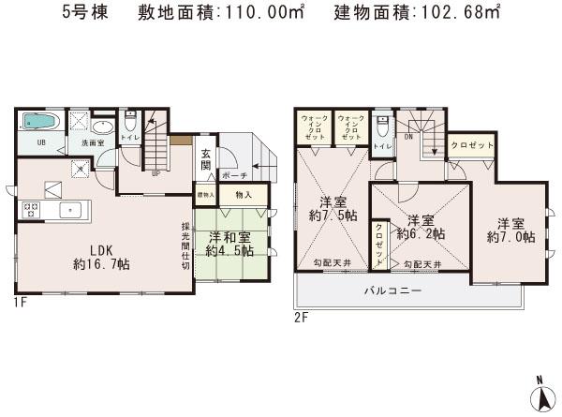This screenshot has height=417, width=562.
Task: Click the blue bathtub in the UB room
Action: (x=38, y=123)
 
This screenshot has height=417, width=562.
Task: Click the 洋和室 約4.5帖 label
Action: (x=229, y=244)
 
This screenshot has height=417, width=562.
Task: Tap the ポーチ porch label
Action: (x=234, y=176)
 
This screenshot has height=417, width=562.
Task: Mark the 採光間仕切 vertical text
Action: (x=186, y=240)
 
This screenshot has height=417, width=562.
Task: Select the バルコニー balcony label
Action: (x=392, y=291)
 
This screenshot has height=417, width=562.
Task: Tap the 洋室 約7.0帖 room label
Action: (x=516, y=230)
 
